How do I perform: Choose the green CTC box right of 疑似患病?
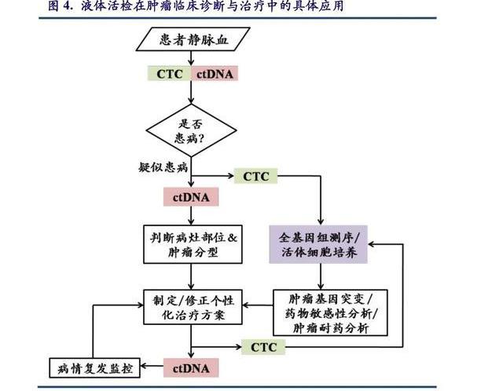pos(255,177)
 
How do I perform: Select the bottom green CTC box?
pos(264,346)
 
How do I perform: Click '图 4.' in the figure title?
pos(62,7)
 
